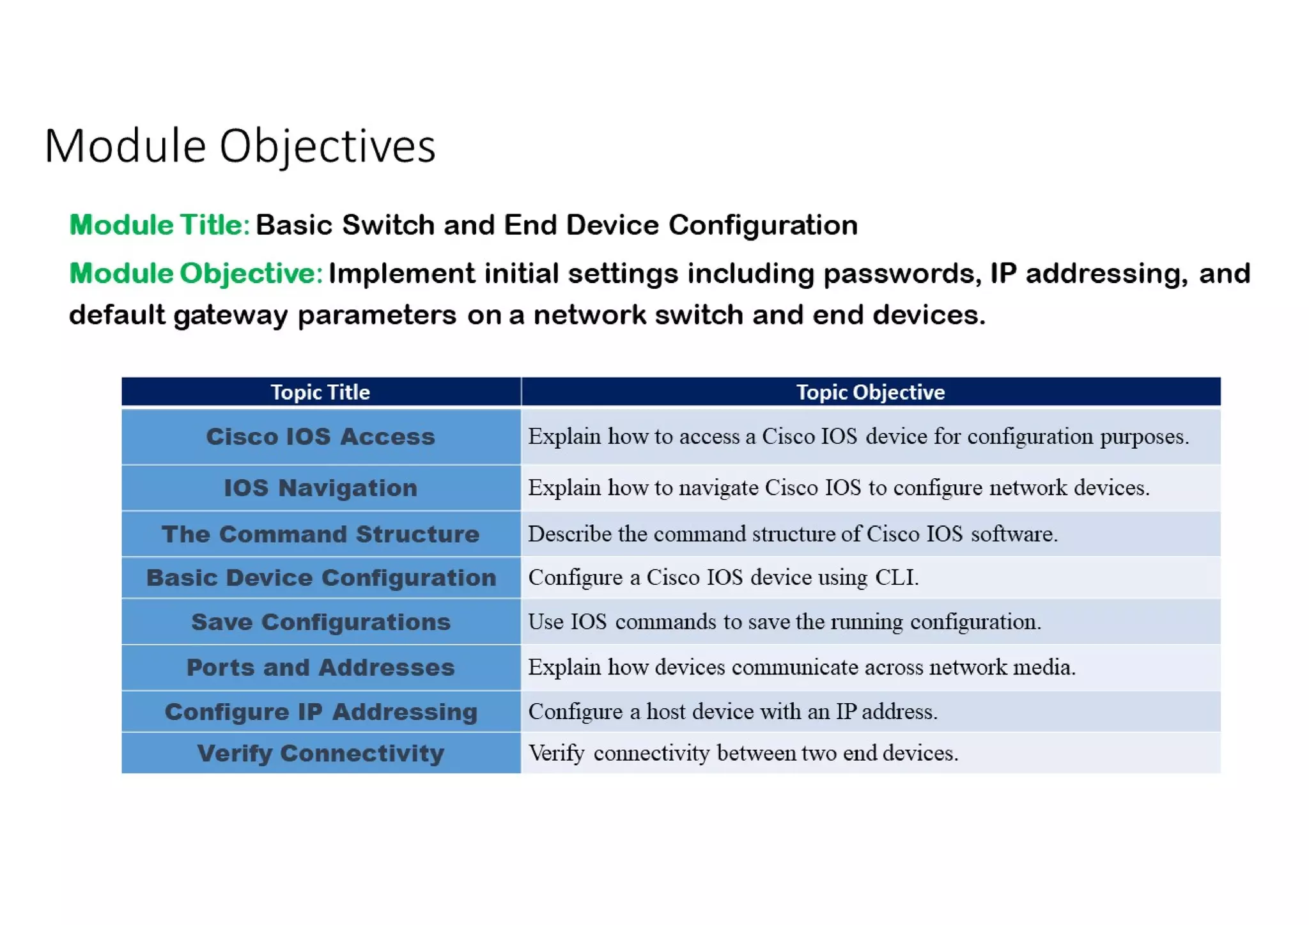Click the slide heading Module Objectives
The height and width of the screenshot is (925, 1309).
[240, 146]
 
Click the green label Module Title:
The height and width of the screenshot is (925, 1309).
[159, 225]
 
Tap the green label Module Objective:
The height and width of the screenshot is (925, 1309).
[196, 274]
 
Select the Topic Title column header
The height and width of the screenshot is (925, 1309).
[320, 392]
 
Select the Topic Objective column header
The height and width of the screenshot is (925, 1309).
[870, 392]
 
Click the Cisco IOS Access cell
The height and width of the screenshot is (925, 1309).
[320, 437]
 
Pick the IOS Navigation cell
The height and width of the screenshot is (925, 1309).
[320, 488]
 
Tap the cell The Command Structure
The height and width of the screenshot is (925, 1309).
[320, 534]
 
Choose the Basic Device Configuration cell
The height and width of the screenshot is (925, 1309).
[321, 578]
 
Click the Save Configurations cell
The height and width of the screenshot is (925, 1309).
[321, 622]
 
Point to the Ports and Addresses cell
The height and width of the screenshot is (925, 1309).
[320, 667]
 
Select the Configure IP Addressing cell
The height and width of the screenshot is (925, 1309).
[321, 711]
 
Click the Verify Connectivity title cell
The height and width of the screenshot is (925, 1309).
[320, 753]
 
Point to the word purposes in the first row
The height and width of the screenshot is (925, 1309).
[1143, 437]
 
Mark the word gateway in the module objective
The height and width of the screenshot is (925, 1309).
[230, 315]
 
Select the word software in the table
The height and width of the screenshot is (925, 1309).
[1013, 534]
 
